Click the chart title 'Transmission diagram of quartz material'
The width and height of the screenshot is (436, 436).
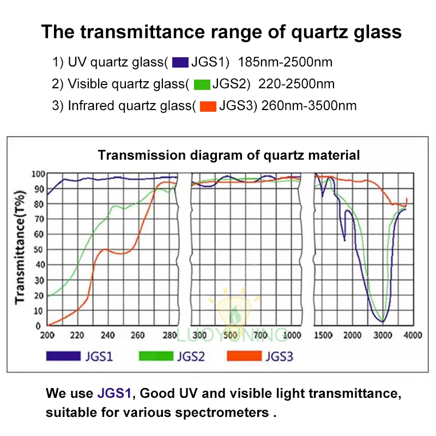click(229, 155)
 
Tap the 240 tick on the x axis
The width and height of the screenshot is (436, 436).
click(107, 335)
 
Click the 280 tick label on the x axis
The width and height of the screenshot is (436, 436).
click(169, 335)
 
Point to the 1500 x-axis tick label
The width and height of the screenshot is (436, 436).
click(324, 335)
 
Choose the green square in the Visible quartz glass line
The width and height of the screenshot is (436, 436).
click(202, 84)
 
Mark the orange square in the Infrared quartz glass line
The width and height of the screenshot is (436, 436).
click(208, 106)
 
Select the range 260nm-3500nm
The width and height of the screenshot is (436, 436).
click(309, 106)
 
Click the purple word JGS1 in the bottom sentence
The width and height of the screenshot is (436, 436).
click(114, 393)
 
